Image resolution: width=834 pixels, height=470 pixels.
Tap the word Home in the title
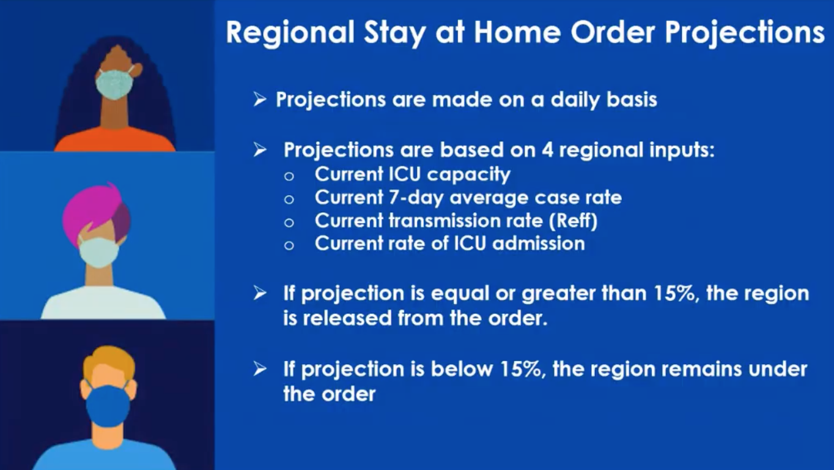pyautogui.click(x=517, y=32)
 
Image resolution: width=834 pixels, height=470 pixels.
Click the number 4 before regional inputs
pyautogui.click(x=547, y=150)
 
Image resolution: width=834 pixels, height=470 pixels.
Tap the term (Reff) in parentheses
pyautogui.click(x=574, y=221)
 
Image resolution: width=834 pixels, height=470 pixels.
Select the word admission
pyautogui.click(x=539, y=244)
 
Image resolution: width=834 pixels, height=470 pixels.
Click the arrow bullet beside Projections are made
pyautogui.click(x=259, y=100)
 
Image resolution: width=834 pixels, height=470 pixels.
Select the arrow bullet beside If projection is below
pyautogui.click(x=259, y=369)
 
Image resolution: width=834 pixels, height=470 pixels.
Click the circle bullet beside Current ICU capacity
pyautogui.click(x=289, y=176)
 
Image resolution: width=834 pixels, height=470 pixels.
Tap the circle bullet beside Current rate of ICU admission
pyautogui.click(x=289, y=245)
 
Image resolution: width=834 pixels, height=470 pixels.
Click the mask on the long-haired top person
pyautogui.click(x=114, y=84)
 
